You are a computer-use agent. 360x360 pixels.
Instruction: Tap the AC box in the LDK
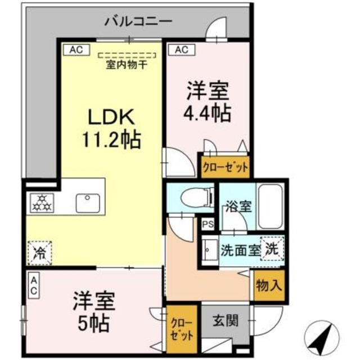pyautogui.click(x=76, y=49)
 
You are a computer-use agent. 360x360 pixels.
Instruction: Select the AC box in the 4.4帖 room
pyautogui.click(x=181, y=49)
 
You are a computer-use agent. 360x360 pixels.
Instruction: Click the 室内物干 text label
pyautogui.click(x=127, y=64)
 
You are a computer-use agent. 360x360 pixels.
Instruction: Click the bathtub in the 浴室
pyautogui.click(x=269, y=205)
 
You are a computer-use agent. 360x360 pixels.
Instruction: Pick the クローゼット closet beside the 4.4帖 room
pyautogui.click(x=223, y=167)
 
